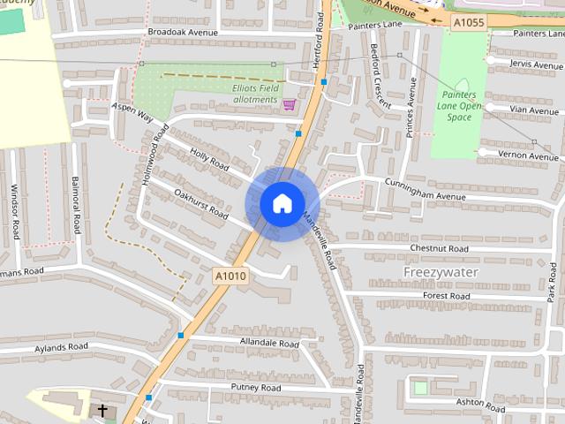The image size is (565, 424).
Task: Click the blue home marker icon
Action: [x=282, y=203]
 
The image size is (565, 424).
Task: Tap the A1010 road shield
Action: [x=230, y=276]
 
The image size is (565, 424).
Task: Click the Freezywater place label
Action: [x=441, y=272]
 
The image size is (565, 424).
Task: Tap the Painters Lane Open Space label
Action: [x=459, y=107]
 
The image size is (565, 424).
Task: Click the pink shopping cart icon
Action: [x=289, y=104]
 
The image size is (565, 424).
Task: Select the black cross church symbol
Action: [x=102, y=411]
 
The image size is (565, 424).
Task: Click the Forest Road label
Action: [x=447, y=296]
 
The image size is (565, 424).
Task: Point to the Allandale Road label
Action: [x=269, y=341]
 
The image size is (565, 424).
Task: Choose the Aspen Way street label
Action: [x=132, y=111]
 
